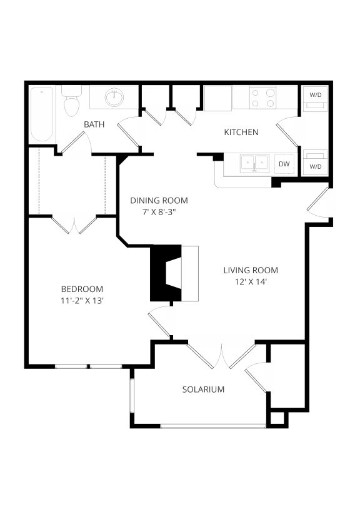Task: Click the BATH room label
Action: pos(94,124)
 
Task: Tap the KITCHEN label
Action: pos(241,132)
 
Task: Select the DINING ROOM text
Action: pos(159,201)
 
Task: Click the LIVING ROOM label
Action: pos(251,270)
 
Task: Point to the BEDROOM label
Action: pos(82,289)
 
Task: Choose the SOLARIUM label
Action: pos(203,389)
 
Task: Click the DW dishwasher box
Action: pos(284,164)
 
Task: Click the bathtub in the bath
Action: pos(42,114)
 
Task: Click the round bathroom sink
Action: pos(114,97)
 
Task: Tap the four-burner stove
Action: pos(263,98)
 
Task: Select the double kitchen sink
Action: pos(255,164)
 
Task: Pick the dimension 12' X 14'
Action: pos(251,281)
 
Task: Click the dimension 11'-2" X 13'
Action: pos(82,300)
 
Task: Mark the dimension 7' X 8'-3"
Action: pos(159,212)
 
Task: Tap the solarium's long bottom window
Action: pos(212,426)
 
